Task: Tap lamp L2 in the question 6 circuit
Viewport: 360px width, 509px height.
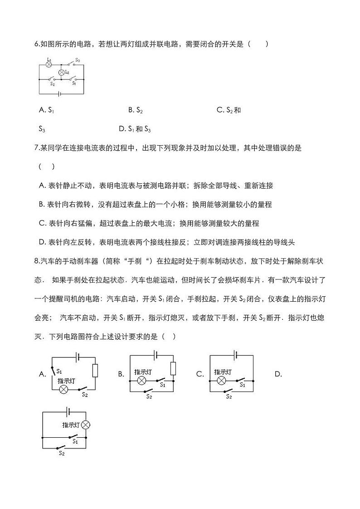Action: [x=62, y=72]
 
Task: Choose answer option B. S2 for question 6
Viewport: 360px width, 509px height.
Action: [x=136, y=110]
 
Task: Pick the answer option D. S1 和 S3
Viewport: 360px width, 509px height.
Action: [x=134, y=129]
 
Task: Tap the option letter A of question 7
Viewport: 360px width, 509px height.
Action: [x=42, y=186]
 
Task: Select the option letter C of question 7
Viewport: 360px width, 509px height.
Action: [x=42, y=224]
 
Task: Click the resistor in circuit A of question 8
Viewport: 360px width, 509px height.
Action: [x=95, y=371]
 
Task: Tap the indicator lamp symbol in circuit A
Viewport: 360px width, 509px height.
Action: [x=64, y=389]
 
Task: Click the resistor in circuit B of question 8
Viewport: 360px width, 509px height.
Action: [x=173, y=369]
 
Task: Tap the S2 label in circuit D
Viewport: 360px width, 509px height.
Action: [x=62, y=453]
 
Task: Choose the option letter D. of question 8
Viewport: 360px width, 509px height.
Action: [x=278, y=374]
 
